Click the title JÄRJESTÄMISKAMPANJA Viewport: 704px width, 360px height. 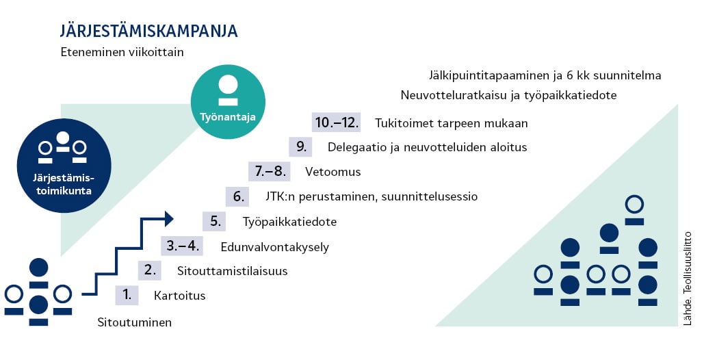click(x=148, y=30)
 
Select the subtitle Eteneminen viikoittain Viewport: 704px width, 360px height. click(x=122, y=52)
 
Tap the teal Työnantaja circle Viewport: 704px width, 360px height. click(x=228, y=102)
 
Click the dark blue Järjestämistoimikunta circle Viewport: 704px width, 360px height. click(x=64, y=165)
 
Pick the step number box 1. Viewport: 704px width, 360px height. click(x=127, y=295)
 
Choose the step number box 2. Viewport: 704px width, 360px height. click(x=150, y=270)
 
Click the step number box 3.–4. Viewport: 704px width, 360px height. click(x=182, y=246)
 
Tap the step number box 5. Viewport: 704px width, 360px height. click(x=214, y=221)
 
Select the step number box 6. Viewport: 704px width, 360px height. click(x=237, y=196)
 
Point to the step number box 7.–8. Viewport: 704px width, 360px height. click(x=270, y=172)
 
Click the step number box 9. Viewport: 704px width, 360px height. click(x=301, y=146)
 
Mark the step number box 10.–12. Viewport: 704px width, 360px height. click(x=337, y=122)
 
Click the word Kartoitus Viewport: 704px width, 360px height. click(x=179, y=296)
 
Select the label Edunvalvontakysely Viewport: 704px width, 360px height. click(x=275, y=247)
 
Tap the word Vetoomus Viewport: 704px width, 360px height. click(x=333, y=172)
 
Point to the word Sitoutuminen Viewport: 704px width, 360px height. click(x=134, y=322)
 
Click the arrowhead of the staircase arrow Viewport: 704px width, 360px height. click(x=169, y=219)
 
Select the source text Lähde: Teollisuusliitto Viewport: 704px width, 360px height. click(x=687, y=279)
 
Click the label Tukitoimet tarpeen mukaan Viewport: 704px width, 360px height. click(x=452, y=123)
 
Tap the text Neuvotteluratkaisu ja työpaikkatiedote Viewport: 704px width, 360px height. click(x=509, y=95)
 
